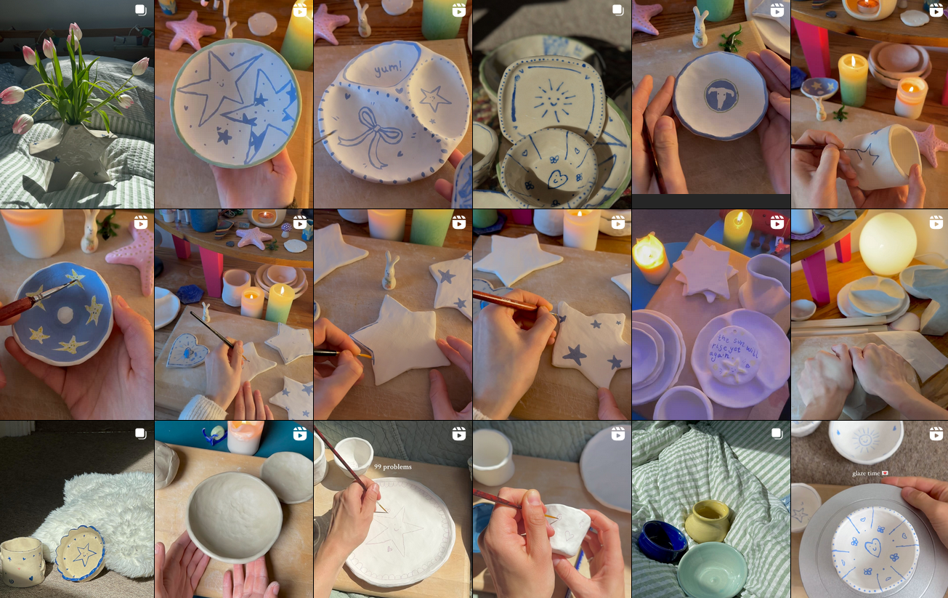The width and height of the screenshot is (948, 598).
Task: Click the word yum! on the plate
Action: pyautogui.click(x=382, y=70)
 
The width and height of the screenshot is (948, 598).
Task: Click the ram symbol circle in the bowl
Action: pyautogui.click(x=721, y=94)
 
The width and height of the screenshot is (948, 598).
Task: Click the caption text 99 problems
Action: pyautogui.click(x=392, y=466)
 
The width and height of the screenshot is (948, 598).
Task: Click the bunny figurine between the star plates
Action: pyautogui.click(x=391, y=270)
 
